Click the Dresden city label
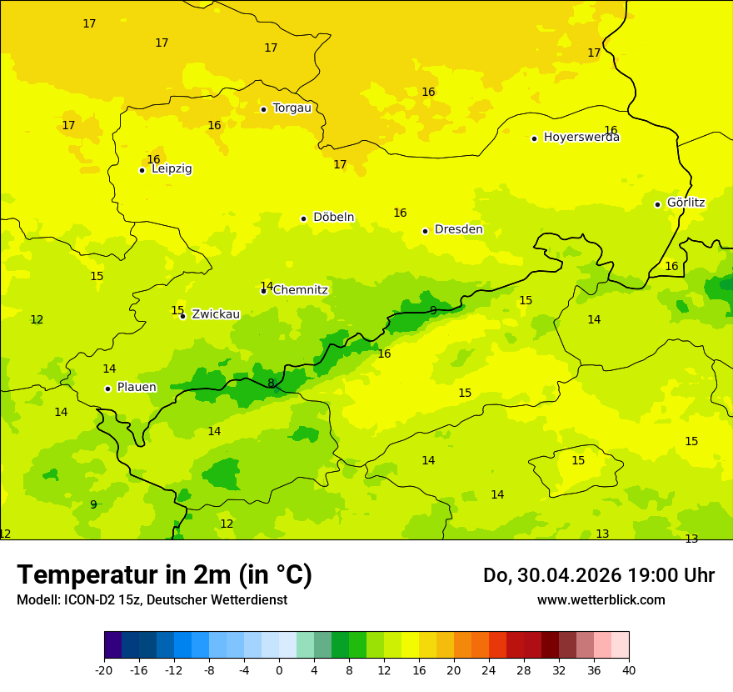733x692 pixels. click(x=458, y=229)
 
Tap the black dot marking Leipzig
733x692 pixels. click(x=142, y=170)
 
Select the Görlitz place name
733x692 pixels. click(x=686, y=203)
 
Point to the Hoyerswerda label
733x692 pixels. click(x=581, y=138)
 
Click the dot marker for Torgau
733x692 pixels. click(x=263, y=109)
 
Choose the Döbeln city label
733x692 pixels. click(x=333, y=218)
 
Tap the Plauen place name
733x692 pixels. click(x=137, y=388)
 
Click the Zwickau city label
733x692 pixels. click(x=216, y=314)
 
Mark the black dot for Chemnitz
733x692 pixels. click(x=263, y=291)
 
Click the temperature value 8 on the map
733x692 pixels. click(x=271, y=384)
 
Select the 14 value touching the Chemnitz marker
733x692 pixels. click(x=267, y=285)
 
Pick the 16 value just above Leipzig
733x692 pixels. click(x=153, y=159)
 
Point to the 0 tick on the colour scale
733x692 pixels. click(x=279, y=669)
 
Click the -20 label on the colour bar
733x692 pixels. click(x=104, y=669)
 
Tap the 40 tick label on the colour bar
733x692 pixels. click(x=629, y=669)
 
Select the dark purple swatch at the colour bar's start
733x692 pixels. click(x=112, y=645)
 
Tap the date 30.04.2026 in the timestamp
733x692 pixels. click(x=566, y=575)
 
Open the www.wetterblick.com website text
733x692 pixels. click(x=601, y=599)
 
